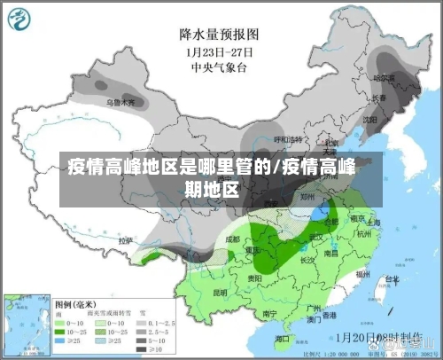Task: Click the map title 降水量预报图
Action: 219,35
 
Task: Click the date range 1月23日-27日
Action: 219,51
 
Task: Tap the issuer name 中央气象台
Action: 219,66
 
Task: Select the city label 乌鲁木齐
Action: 121,103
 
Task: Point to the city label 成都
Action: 232,239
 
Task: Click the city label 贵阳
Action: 255,278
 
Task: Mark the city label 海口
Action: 283,339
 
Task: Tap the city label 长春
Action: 379,98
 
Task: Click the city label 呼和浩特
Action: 285,139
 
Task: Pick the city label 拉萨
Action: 126,240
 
